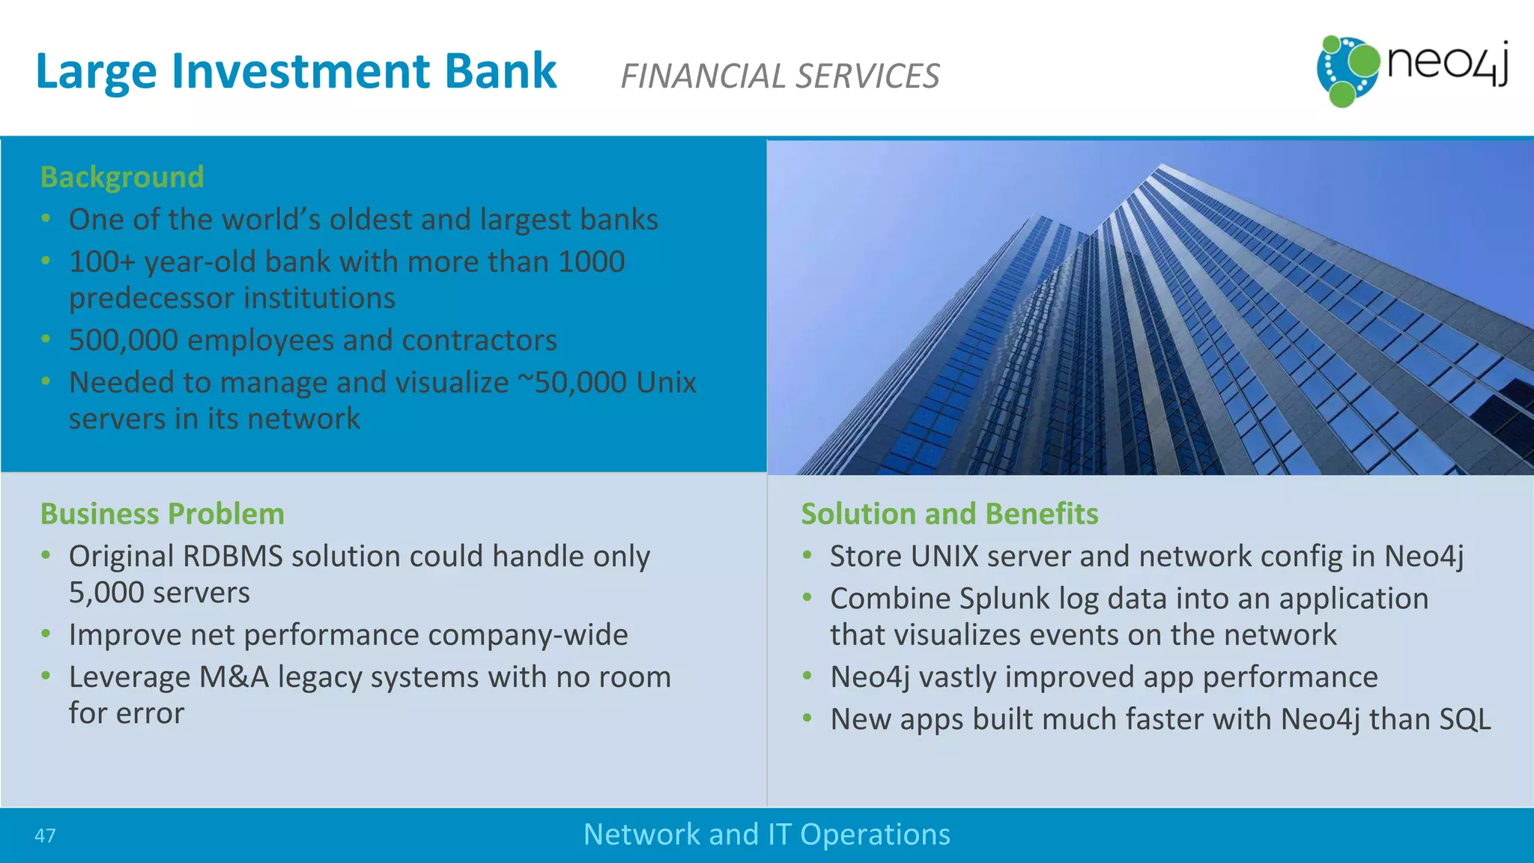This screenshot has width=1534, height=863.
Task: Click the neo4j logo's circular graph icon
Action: [1347, 70]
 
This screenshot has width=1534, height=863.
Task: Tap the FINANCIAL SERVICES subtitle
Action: [780, 76]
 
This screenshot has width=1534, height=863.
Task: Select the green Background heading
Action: [122, 178]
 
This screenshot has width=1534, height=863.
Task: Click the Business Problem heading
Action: [163, 514]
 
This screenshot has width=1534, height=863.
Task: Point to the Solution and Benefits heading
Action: [949, 514]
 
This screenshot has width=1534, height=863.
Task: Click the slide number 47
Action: [45, 836]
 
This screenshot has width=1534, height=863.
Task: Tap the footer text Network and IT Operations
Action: [766, 835]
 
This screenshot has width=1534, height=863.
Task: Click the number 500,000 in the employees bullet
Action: [123, 340]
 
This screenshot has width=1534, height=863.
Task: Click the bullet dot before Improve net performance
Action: [46, 635]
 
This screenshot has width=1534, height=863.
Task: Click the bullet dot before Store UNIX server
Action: [807, 556]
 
